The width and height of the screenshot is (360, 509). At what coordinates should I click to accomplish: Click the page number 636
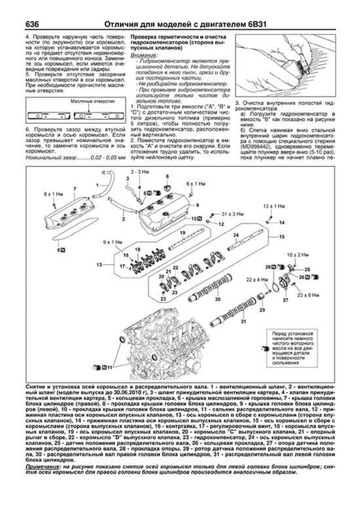tap(32, 24)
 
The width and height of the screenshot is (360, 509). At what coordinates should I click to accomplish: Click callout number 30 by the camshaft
tap(218, 299)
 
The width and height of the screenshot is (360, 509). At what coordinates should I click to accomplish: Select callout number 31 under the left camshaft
tap(244, 321)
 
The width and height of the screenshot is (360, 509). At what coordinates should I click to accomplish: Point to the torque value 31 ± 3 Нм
tap(232, 214)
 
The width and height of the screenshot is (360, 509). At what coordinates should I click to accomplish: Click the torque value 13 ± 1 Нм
tap(274, 206)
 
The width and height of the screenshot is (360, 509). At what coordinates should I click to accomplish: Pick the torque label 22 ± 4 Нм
tap(257, 280)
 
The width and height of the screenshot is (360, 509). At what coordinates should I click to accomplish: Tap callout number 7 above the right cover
tap(75, 189)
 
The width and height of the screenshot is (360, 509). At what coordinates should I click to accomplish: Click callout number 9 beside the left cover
tap(197, 205)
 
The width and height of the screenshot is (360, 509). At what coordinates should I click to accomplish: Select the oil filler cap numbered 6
tap(167, 187)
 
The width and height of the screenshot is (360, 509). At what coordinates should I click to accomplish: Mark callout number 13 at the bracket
tap(99, 265)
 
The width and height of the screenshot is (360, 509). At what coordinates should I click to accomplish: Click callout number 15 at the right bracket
tap(281, 237)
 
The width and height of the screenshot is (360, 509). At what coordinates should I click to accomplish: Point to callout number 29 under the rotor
tap(262, 310)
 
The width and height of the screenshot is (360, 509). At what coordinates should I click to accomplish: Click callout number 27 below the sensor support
tap(286, 300)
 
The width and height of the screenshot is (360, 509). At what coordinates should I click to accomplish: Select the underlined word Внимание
tap(143, 55)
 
